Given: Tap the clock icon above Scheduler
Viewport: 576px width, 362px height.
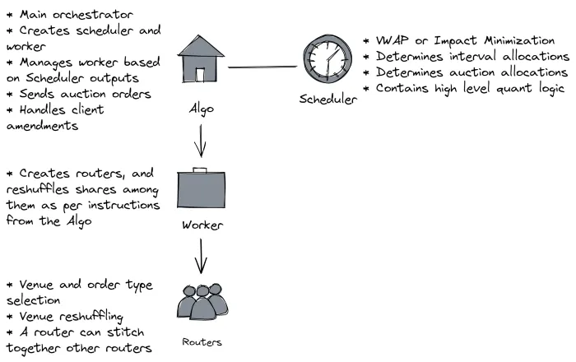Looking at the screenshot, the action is (x=327, y=58).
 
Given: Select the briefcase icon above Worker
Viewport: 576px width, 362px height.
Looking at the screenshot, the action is (x=201, y=188).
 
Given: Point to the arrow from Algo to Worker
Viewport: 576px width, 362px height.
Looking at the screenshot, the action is (x=201, y=141).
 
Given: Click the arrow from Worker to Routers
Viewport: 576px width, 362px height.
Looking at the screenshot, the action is (x=201, y=256).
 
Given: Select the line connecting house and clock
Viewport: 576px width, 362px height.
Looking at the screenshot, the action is (x=262, y=67).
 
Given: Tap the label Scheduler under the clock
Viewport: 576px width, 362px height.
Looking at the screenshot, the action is (x=328, y=99).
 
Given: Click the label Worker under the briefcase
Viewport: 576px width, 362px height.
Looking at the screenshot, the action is (x=202, y=225).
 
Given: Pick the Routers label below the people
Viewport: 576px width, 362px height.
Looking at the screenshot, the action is (x=202, y=342).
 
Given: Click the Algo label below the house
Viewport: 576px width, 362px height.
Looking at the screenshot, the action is (x=202, y=109).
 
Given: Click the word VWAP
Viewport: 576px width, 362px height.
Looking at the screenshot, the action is (x=392, y=40).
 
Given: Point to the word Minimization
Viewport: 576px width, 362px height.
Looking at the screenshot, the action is (x=519, y=40).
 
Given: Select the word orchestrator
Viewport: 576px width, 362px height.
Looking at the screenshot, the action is (x=92, y=15).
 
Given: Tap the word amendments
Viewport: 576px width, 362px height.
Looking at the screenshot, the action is (x=42, y=126).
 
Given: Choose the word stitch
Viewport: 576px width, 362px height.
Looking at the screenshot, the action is (x=125, y=332).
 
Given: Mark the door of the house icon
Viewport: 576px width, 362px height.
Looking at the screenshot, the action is (x=200, y=75).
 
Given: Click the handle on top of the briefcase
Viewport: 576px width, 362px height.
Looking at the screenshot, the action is (x=200, y=169).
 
